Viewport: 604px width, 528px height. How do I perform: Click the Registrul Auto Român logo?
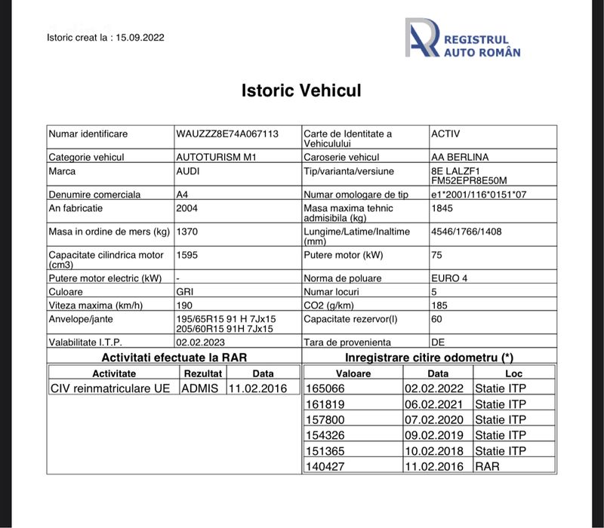pos(462,38)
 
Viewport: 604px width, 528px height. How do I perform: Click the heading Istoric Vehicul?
pos(301,91)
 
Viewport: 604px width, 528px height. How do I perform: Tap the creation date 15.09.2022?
pos(140,37)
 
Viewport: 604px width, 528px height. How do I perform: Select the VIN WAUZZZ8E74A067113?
pos(226,134)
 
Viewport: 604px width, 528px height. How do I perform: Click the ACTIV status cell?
pos(445,134)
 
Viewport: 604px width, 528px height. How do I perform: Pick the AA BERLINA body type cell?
pos(459,157)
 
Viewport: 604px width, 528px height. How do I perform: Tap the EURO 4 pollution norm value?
pos(448,278)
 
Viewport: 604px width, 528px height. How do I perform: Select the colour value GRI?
pos(185,291)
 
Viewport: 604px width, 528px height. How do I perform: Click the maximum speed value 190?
pos(184,305)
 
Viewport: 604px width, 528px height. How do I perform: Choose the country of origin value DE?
pos(438,342)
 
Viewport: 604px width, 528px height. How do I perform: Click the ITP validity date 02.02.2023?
pos(201,342)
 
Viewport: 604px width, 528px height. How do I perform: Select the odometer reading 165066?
pos(325,388)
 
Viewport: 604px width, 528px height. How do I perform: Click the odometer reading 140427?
pos(325,466)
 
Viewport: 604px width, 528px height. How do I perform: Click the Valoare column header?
pos(353,373)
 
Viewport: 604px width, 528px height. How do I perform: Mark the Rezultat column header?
pos(203,373)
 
